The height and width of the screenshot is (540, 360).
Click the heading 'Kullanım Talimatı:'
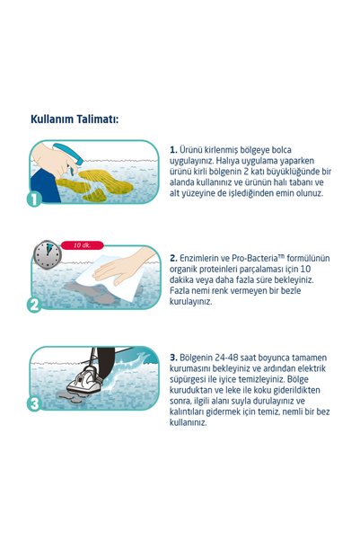click(75, 120)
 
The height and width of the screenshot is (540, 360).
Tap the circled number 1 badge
click(34, 199)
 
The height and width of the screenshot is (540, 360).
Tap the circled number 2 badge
click(34, 305)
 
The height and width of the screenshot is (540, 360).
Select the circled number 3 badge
click(34, 403)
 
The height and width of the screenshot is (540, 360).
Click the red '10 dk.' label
click(83, 245)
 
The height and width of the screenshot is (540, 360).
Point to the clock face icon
click(48, 254)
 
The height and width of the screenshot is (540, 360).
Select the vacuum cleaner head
click(84, 380)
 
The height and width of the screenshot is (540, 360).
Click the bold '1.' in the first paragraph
click(173, 150)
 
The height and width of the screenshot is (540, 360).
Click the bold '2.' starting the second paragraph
click(173, 258)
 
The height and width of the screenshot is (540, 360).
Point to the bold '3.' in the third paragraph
click(173, 358)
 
